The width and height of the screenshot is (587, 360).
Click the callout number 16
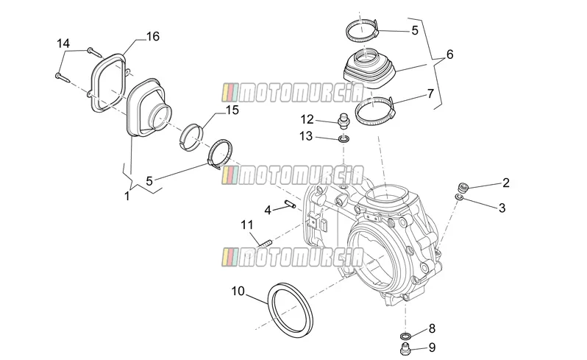[x=153, y=36]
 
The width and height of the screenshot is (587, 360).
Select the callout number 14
[x=63, y=43]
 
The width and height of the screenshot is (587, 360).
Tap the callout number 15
[x=232, y=110]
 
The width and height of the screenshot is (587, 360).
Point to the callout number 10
[x=238, y=291]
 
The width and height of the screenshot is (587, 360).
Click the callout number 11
[x=247, y=225]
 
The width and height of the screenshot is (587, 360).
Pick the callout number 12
[x=307, y=119]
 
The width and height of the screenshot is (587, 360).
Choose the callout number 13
[x=305, y=136]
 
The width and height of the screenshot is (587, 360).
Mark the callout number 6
[x=449, y=54]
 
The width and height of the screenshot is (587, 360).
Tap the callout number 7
[x=430, y=93]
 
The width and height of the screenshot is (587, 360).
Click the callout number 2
[x=506, y=183]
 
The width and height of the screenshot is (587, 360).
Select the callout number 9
[x=432, y=347]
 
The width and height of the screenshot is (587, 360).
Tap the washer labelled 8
[x=405, y=335]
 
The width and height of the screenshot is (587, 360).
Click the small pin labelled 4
[x=291, y=204]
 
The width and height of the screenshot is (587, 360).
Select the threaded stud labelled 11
[x=264, y=243]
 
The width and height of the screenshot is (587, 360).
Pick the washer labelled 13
[x=344, y=139]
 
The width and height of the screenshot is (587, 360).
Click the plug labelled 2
[x=463, y=187]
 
